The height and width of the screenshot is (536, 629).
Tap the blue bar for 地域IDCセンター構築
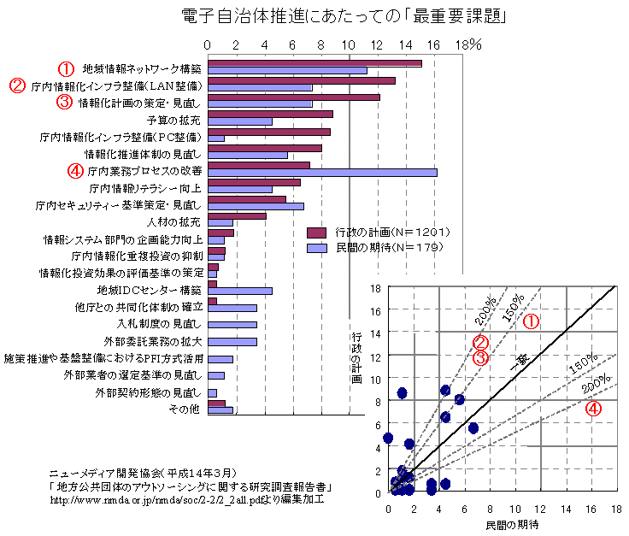240,291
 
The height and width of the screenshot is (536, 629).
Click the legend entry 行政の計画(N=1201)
375,232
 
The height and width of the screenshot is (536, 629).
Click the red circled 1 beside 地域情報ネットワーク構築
64,68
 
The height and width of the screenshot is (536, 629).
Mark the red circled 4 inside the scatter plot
593,409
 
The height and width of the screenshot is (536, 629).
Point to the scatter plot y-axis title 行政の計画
356,358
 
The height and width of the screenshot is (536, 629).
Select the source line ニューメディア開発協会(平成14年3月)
142,473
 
